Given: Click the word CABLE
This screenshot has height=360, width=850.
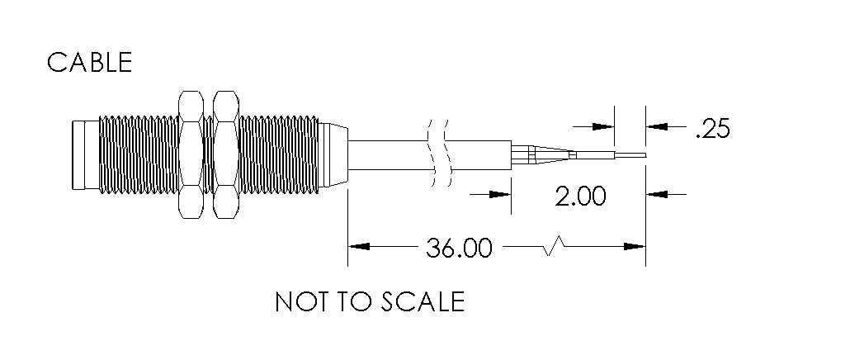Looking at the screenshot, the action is coord(89,63).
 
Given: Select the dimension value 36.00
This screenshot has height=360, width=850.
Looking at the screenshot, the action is coord(459,248).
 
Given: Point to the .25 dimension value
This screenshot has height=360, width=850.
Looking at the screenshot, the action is coord(713,129).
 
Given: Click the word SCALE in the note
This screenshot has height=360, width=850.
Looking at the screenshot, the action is coord(423,301).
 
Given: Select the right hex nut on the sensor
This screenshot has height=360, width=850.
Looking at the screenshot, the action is coord(226,155).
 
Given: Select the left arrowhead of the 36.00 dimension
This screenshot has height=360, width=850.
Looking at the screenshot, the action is coord(359,247).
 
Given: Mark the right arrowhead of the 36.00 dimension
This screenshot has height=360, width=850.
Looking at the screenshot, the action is coord(635,247).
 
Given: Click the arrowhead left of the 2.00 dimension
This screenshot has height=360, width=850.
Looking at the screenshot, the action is coord(500,194).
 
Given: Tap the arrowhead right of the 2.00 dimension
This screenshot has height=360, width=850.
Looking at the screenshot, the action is coord(656,194).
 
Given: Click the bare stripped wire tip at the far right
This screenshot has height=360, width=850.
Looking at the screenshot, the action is coord(630,155).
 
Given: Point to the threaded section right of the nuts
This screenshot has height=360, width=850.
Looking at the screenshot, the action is coord(279,155).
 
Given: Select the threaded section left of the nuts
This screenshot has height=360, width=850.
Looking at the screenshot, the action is coord(139,155).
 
